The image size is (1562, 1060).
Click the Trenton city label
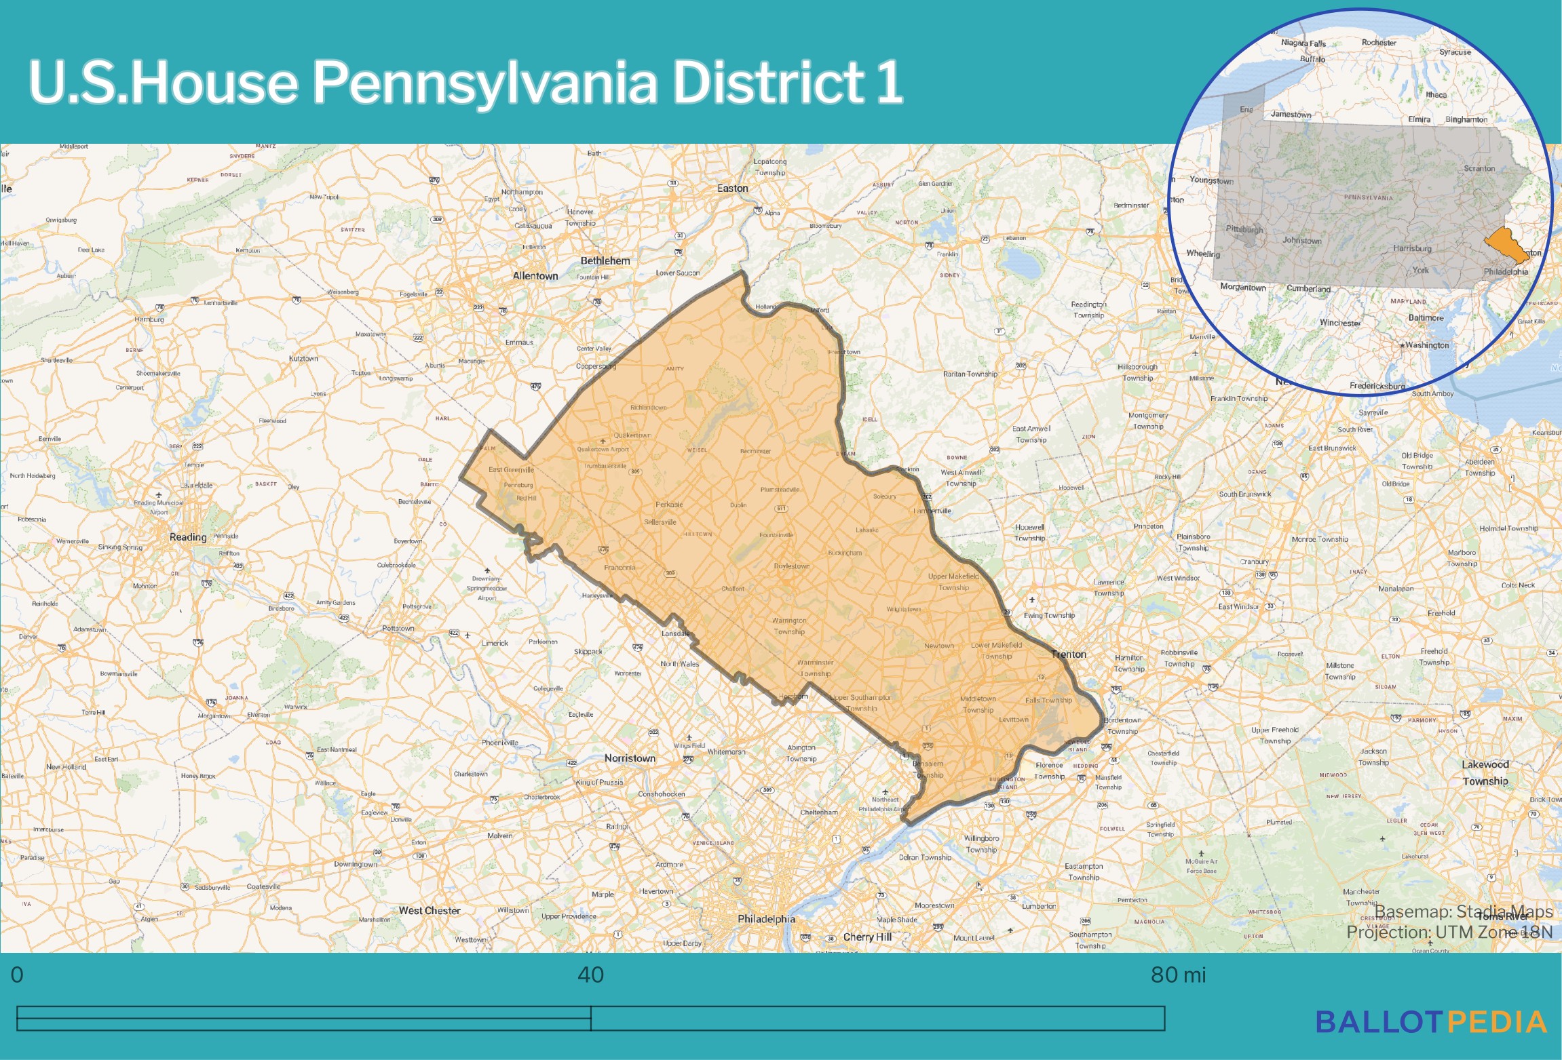pyautogui.click(x=1069, y=654)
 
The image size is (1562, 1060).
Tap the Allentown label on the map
pyautogui.click(x=535, y=276)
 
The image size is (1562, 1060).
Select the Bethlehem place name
pyautogui.click(x=605, y=260)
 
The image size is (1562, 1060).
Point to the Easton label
pyautogui.click(x=733, y=189)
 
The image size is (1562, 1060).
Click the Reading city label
pyautogui.click(x=188, y=537)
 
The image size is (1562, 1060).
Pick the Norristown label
pyautogui.click(x=630, y=758)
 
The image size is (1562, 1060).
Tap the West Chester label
pyautogui.click(x=430, y=911)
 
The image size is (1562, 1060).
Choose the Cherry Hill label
pyautogui.click(x=867, y=937)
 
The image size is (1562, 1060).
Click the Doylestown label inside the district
pyautogui.click(x=791, y=566)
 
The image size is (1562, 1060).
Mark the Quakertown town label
pyautogui.click(x=632, y=435)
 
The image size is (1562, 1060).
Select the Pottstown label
pyautogui.click(x=398, y=629)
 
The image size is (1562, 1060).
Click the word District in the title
pyautogui.click(x=768, y=82)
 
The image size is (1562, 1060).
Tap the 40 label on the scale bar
pyautogui.click(x=590, y=975)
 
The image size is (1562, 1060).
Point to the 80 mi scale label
pyautogui.click(x=1179, y=975)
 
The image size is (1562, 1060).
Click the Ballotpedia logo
pyautogui.click(x=1431, y=1022)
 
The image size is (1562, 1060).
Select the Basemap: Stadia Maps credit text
pyautogui.click(x=1464, y=911)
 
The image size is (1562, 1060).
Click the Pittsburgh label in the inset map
pyautogui.click(x=1244, y=229)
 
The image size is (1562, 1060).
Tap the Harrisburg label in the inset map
pyautogui.click(x=1412, y=248)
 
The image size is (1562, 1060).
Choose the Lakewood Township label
pyautogui.click(x=1485, y=772)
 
